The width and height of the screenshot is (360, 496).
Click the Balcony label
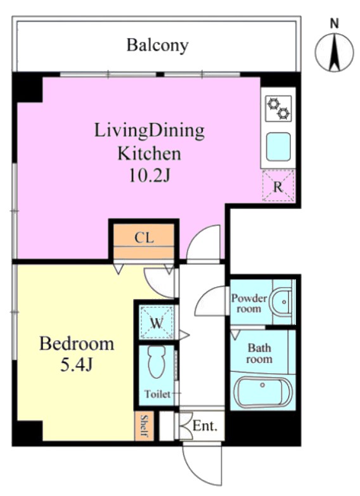click(x=157, y=46)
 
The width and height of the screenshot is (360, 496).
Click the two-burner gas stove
click(x=278, y=108)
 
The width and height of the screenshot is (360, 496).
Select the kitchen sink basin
click(x=278, y=147)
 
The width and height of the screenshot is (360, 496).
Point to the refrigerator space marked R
click(x=278, y=186)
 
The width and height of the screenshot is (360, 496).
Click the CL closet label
click(x=144, y=238)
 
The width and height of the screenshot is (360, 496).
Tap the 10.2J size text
click(x=150, y=175)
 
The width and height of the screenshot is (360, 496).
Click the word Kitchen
click(x=149, y=154)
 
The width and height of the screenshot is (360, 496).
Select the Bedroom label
click(x=77, y=343)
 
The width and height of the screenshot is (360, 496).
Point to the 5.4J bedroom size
click(x=76, y=366)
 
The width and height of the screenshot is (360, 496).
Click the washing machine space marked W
click(x=157, y=322)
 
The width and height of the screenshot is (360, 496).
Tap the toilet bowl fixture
click(x=157, y=362)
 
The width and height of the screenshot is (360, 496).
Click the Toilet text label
click(x=157, y=394)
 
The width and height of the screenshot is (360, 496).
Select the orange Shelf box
click(x=145, y=426)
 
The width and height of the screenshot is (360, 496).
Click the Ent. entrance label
click(x=205, y=426)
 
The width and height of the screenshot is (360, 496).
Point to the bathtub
click(x=262, y=392)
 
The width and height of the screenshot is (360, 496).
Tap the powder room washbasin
click(x=281, y=302)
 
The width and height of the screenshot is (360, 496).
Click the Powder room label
click(x=249, y=303)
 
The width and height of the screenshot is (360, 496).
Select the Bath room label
click(x=259, y=353)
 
